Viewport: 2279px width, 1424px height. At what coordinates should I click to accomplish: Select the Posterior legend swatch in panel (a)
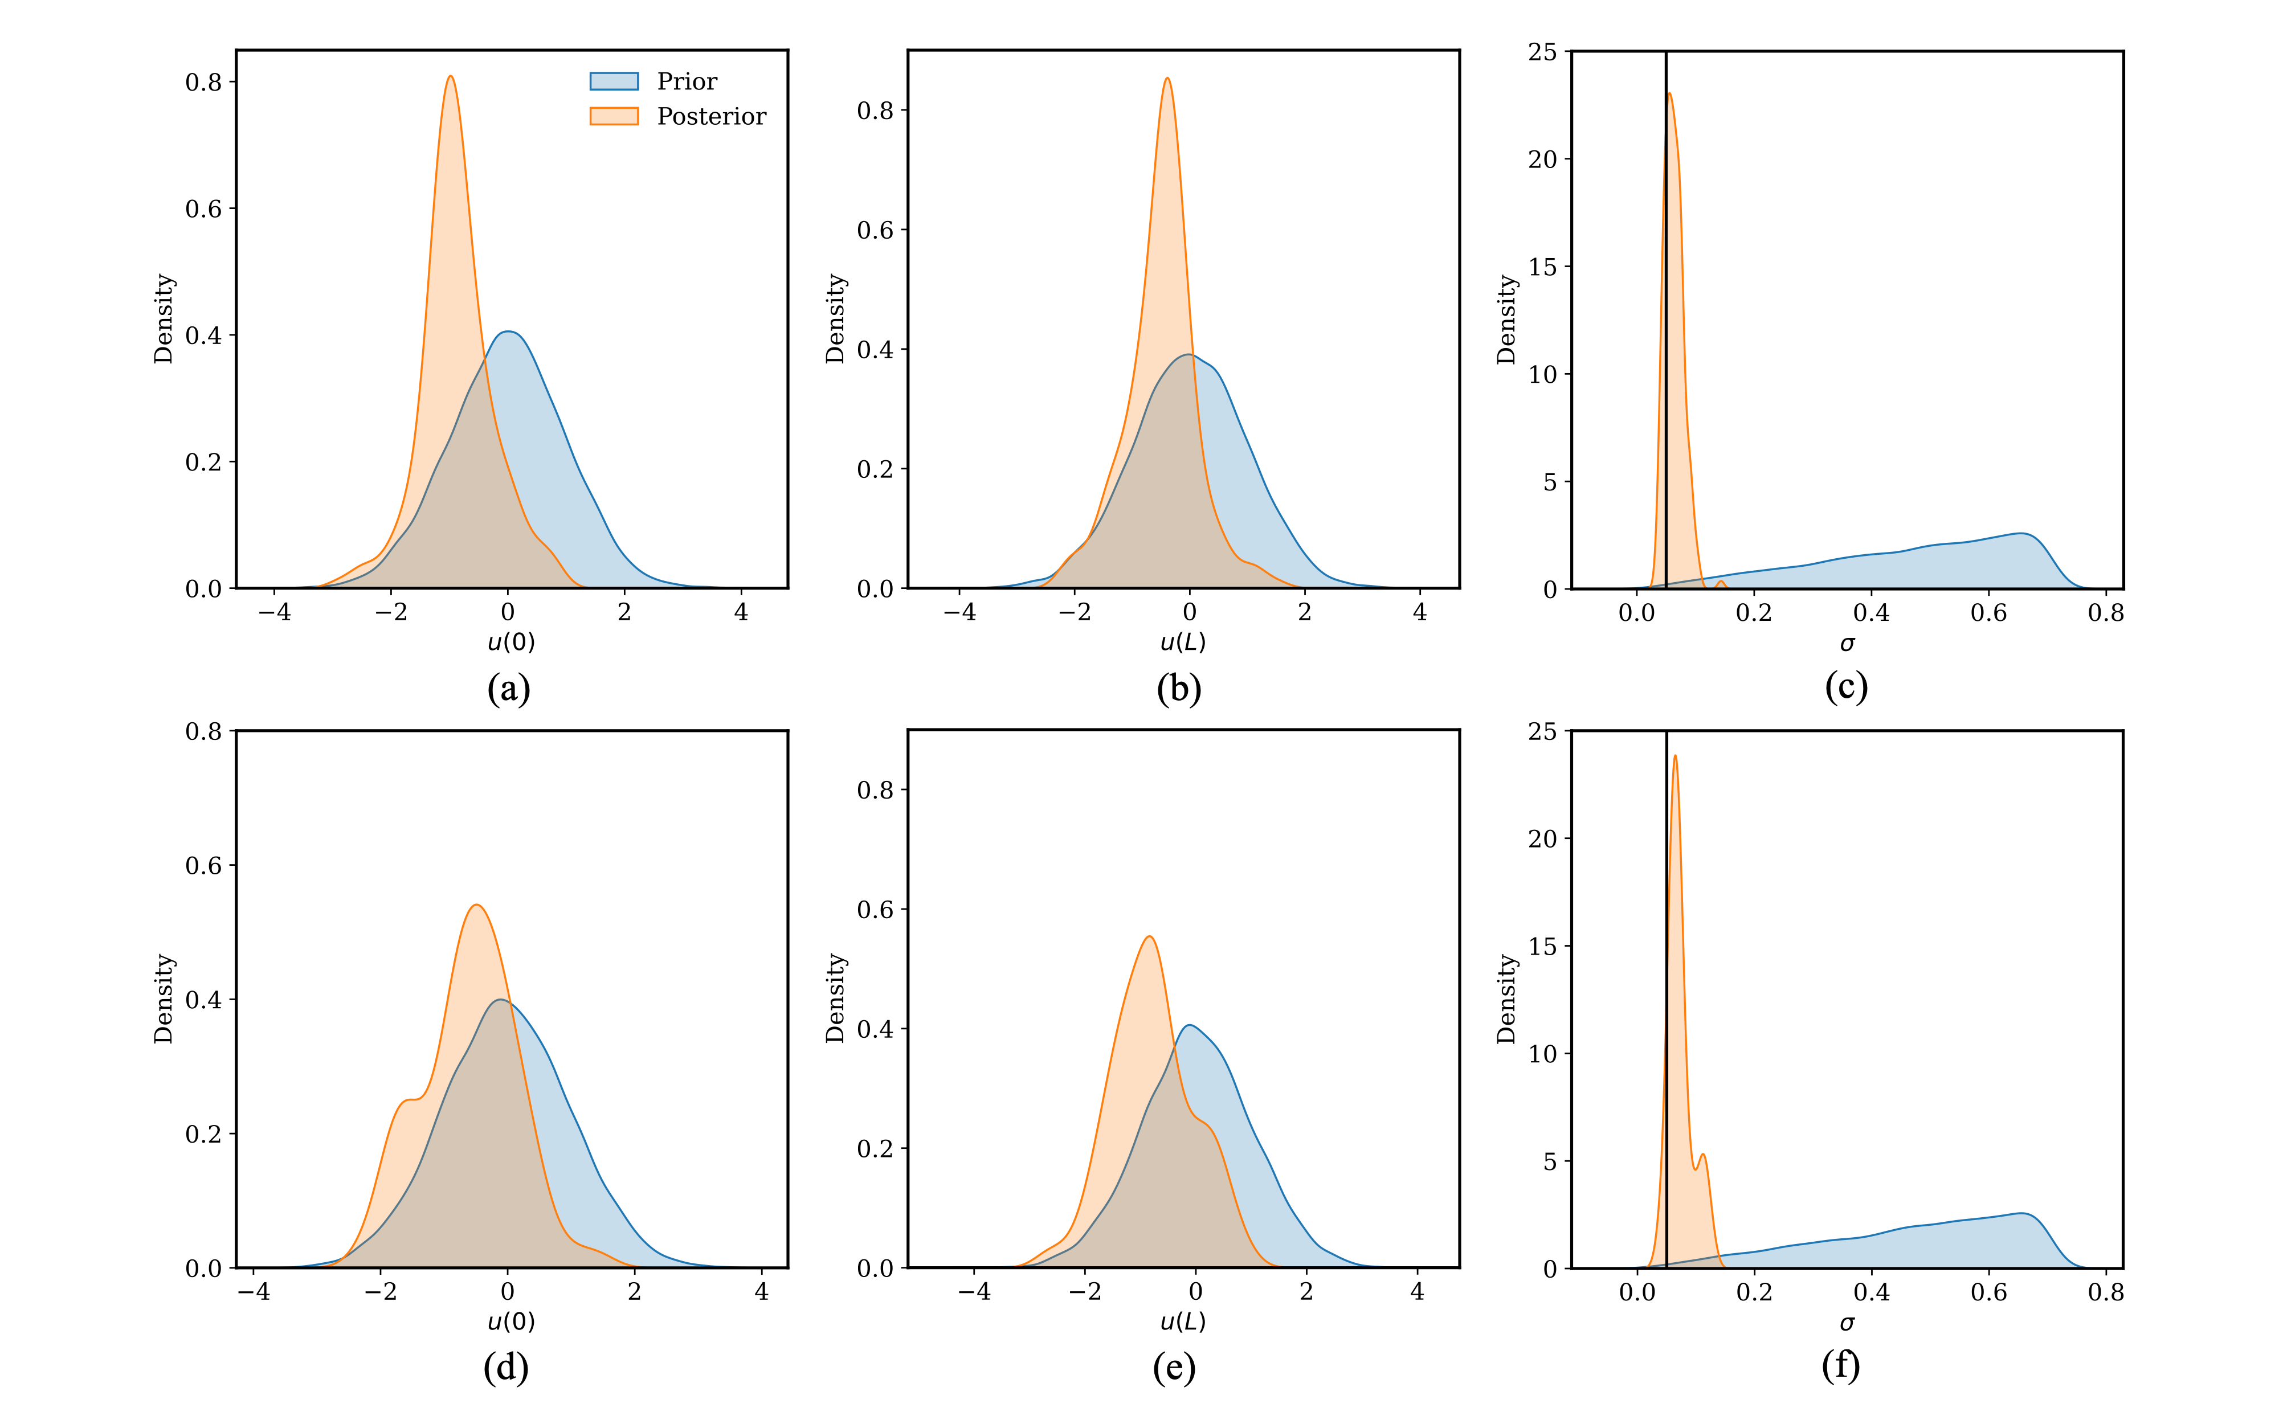click(x=614, y=117)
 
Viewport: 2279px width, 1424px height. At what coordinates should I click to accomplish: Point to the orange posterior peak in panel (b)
click(x=1167, y=79)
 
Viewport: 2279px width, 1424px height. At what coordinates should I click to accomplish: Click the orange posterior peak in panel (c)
click(x=1670, y=94)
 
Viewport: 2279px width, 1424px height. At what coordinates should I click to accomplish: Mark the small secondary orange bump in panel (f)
click(x=1702, y=1156)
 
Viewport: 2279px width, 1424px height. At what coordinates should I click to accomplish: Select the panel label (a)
click(x=509, y=689)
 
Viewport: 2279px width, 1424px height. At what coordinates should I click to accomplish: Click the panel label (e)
click(x=1174, y=1368)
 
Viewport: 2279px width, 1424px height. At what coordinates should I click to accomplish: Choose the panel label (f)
click(x=1841, y=1365)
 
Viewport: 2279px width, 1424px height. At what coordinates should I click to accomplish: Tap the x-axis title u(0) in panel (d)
click(x=510, y=1321)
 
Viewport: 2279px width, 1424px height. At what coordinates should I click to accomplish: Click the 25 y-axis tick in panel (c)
click(x=1542, y=52)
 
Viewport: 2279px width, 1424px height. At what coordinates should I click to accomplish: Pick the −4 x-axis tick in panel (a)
click(x=275, y=612)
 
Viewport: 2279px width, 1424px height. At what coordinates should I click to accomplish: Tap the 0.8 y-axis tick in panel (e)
click(x=875, y=790)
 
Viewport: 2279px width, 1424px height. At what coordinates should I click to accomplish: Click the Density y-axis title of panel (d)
click(x=164, y=999)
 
